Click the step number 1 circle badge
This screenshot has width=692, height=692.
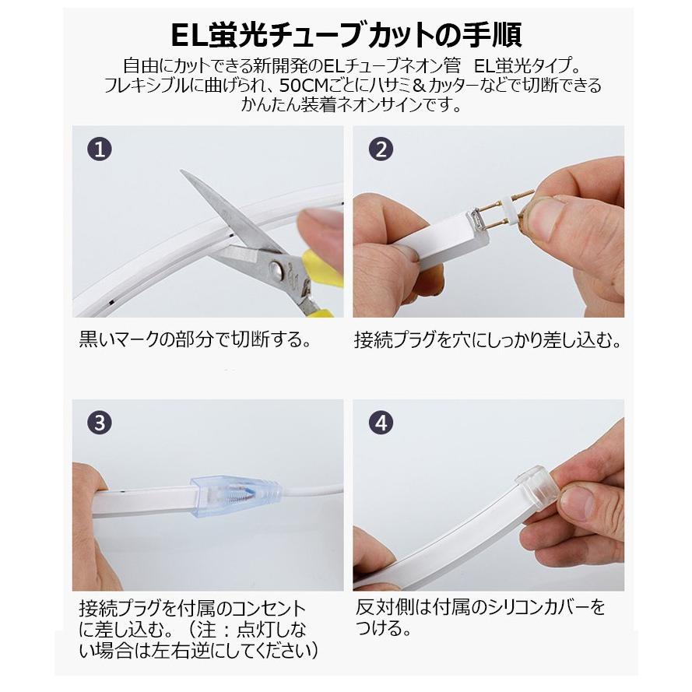[99, 149]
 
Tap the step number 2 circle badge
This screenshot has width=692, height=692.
[380, 149]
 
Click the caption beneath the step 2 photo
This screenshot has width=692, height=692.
[488, 340]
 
